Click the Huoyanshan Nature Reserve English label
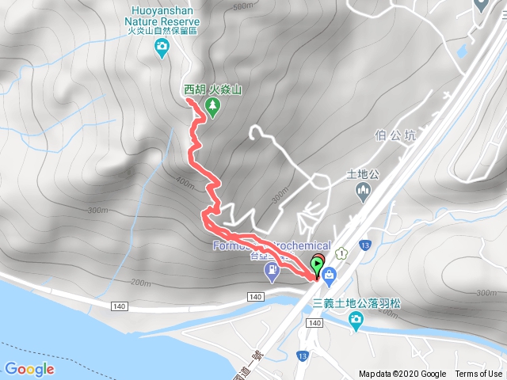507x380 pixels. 162,15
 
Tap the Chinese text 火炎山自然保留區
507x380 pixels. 162,32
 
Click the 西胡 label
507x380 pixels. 195,90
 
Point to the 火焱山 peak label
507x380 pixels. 225,90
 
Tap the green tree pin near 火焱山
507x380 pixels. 212,106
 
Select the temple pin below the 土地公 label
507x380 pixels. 364,190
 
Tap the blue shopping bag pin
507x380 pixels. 329,275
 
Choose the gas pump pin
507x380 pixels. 272,272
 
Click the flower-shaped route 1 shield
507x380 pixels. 341,253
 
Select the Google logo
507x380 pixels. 29,369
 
